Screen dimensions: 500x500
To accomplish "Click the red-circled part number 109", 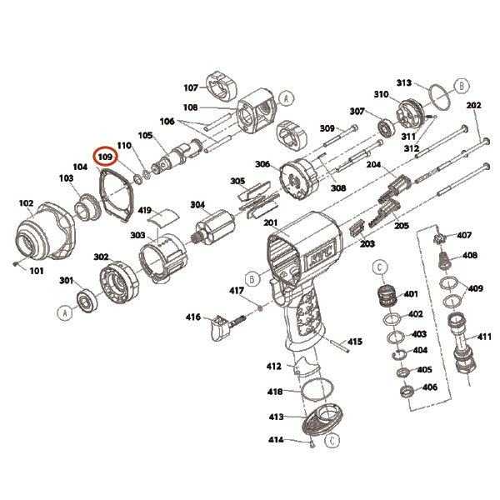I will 105,156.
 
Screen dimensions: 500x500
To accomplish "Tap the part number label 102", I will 27,202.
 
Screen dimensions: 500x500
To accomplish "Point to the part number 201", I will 270,222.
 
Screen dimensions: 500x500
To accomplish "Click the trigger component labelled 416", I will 218,324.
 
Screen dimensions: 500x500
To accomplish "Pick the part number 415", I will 355,342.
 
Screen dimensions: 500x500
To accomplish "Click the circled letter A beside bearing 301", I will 64,312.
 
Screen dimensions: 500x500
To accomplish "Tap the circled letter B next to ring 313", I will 460,84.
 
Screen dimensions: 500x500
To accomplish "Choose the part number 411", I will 484,337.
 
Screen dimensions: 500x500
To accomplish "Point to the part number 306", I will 262,164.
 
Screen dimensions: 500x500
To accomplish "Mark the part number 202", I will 473,106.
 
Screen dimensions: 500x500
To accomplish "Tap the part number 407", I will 464,235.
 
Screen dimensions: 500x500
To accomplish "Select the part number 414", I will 276,439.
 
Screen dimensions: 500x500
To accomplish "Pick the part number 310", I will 381,94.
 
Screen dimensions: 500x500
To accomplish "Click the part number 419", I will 144,211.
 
